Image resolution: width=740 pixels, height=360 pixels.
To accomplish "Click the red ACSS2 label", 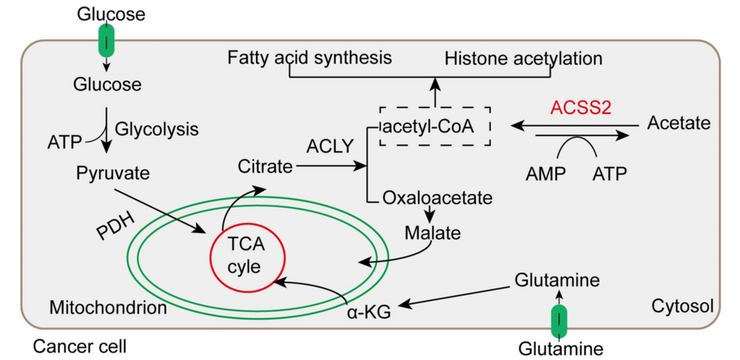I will [581, 107].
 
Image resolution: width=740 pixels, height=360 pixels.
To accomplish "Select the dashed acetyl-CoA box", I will [434, 125].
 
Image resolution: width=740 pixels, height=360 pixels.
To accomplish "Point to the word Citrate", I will [265, 166].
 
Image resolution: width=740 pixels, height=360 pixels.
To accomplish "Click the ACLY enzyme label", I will [330, 146].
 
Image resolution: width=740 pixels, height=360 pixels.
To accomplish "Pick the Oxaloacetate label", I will [438, 198].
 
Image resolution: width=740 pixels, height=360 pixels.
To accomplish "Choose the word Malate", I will [432, 232].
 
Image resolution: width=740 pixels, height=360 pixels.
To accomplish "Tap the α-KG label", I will [368, 312].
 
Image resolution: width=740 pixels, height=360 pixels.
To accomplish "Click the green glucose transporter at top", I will [107, 40].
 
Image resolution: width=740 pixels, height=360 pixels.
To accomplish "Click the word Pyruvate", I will [113, 173].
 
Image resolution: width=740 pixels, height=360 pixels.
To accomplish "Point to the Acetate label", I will [678, 123].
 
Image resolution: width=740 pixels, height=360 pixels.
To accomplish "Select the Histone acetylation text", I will [523, 59].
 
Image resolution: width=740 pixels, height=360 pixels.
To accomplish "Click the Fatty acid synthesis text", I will [310, 57].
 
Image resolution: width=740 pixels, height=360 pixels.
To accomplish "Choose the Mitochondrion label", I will [108, 307].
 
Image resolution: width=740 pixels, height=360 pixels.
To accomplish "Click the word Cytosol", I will [682, 304].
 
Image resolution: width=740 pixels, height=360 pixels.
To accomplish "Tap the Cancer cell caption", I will [80, 346].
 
